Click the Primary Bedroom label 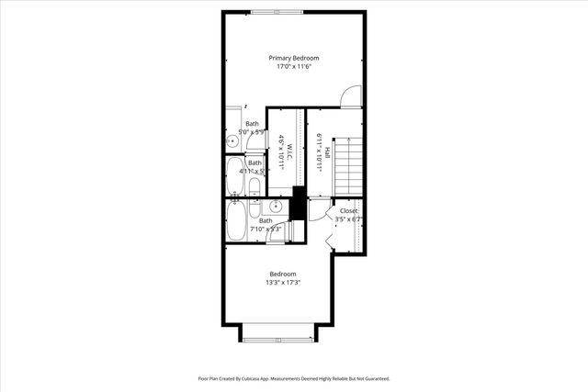tap(294, 58)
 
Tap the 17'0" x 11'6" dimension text tap(294, 67)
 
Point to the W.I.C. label tap(289, 150)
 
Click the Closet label tap(349, 210)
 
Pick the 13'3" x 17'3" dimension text tap(283, 283)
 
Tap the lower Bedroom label tap(283, 274)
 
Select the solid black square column tap(298, 203)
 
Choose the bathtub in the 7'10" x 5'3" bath tap(236, 220)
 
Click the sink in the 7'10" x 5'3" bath tap(275, 207)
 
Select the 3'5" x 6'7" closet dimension tap(349, 219)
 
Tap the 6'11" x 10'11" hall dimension tap(319, 150)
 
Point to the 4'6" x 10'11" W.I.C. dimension tap(280, 150)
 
